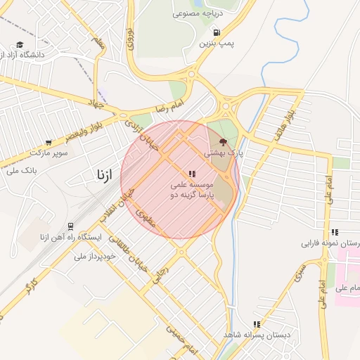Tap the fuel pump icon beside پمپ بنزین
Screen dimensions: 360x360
(x=216, y=32)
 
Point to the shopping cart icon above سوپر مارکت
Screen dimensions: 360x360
(x=48, y=142)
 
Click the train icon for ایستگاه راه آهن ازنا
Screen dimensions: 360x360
(x=70, y=226)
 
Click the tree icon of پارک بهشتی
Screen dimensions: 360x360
(x=224, y=141)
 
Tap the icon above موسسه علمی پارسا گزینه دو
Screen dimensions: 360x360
(x=192, y=174)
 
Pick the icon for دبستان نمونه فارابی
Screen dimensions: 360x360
(x=335, y=232)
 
